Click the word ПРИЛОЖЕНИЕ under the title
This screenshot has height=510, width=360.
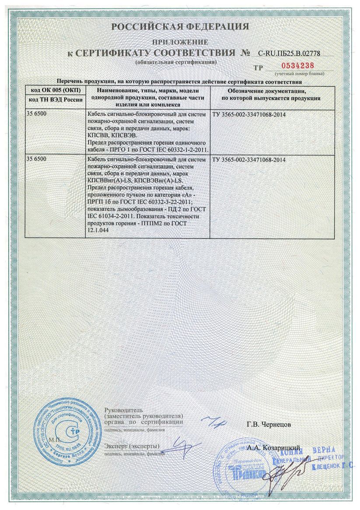point(180,42)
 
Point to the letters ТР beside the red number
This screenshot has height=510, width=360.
point(259,68)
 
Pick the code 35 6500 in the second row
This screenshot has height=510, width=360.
point(38,159)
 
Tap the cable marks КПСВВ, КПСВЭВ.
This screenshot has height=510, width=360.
point(113,135)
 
